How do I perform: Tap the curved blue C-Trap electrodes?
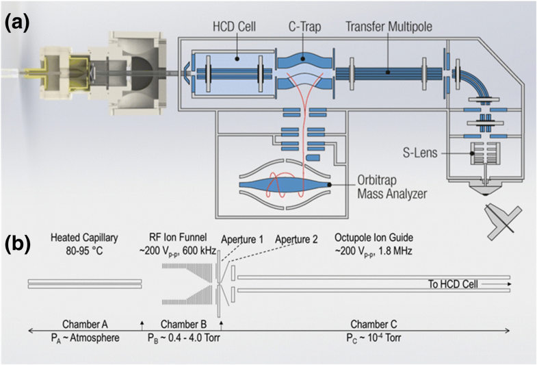304,72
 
